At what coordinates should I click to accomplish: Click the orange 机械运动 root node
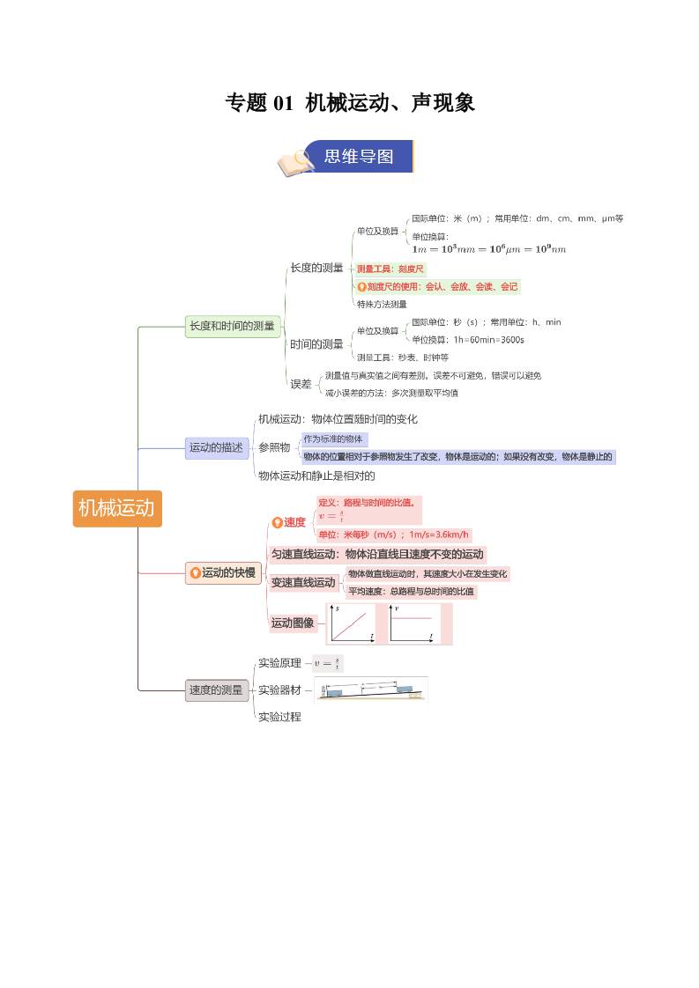(x=116, y=508)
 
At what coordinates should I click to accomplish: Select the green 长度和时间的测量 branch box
(x=232, y=326)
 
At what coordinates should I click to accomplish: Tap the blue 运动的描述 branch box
(x=216, y=447)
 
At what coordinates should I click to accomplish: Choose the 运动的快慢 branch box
(x=223, y=572)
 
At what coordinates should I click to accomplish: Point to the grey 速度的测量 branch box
(x=216, y=690)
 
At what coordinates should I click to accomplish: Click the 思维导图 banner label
(x=359, y=157)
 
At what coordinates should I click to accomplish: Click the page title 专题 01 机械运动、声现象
(x=350, y=103)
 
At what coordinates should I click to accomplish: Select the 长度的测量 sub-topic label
(x=316, y=268)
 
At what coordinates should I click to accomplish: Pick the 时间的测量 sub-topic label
(x=316, y=344)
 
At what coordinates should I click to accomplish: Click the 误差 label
(x=301, y=384)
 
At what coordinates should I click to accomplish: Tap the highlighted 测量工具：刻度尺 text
(x=390, y=269)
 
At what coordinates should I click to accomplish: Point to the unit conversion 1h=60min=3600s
(x=468, y=339)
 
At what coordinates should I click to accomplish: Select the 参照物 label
(x=274, y=447)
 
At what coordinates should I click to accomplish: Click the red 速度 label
(x=294, y=522)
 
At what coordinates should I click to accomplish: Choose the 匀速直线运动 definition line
(x=377, y=555)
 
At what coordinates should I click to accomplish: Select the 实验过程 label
(x=279, y=717)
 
